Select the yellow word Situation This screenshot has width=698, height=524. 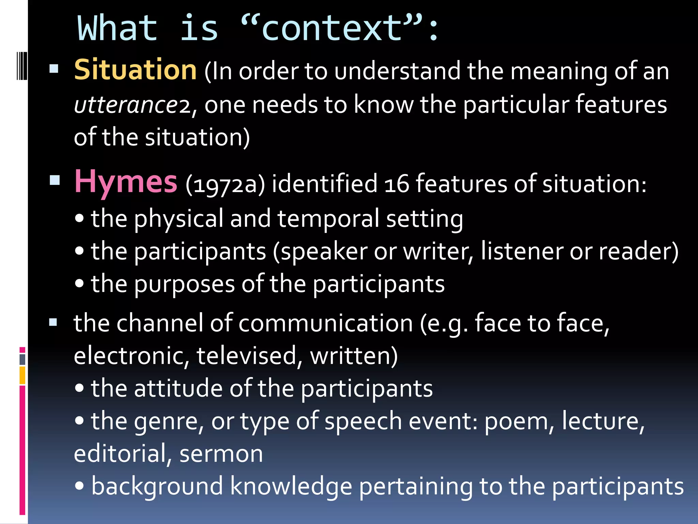[x=135, y=70]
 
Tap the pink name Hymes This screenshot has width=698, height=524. [x=126, y=182]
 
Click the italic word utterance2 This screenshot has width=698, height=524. [x=132, y=105]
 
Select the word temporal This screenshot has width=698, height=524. [x=328, y=219]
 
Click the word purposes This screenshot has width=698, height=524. [x=184, y=285]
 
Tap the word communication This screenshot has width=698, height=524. [x=325, y=323]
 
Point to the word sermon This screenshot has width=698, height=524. [x=221, y=454]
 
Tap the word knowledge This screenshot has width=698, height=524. [x=291, y=486]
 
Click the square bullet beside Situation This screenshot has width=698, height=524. [x=54, y=69]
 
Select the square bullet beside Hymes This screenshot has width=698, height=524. [x=55, y=180]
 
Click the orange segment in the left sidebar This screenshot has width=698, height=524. [x=22, y=375]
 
